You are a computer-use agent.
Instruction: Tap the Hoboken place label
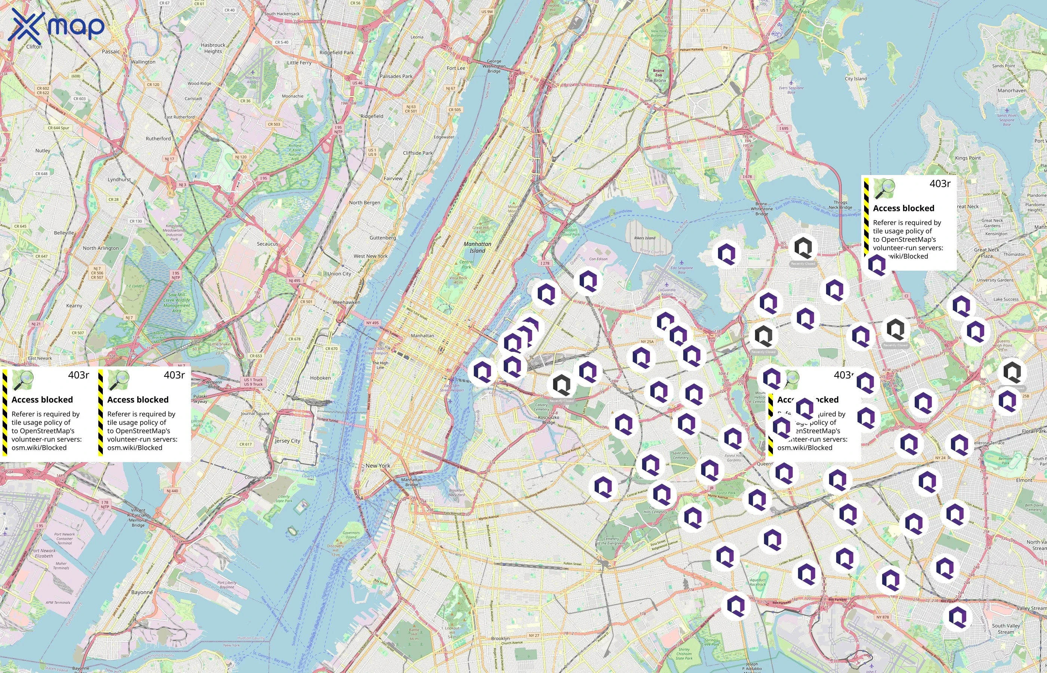click(320, 378)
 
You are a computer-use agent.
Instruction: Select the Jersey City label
click(288, 440)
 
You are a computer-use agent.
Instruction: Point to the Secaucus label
click(267, 244)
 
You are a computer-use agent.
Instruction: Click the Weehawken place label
click(347, 302)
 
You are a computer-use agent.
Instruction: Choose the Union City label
click(339, 274)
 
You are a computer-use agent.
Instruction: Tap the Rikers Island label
click(645, 238)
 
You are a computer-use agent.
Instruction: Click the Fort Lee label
click(456, 68)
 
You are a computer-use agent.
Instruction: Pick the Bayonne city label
click(142, 592)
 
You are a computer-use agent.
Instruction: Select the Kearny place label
click(74, 305)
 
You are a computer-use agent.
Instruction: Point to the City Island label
click(856, 79)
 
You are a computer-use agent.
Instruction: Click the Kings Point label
click(968, 158)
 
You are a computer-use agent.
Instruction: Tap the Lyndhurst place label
click(119, 179)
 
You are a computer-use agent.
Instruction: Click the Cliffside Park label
click(418, 153)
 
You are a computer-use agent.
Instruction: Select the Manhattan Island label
click(477, 248)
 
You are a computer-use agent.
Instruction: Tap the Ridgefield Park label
click(337, 52)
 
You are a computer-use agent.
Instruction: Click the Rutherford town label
click(158, 139)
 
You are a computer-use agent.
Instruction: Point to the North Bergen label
click(365, 203)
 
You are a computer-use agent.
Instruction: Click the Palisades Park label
click(396, 76)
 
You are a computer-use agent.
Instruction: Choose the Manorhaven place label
click(1011, 90)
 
